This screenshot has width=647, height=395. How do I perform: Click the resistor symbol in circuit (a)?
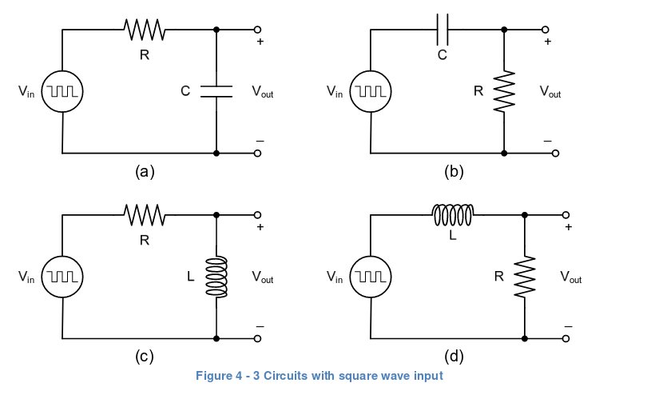tap(145, 30)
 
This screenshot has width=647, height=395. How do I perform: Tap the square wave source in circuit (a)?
tap(62, 91)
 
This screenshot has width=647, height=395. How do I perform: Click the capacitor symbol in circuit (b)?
tap(443, 30)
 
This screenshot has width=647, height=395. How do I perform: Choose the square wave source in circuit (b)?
tap(370, 91)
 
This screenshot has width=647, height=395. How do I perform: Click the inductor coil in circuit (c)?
tap(216, 277)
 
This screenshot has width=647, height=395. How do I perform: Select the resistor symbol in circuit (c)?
tap(145, 215)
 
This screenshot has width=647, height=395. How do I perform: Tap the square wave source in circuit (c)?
tap(62, 277)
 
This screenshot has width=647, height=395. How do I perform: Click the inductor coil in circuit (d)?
tap(453, 215)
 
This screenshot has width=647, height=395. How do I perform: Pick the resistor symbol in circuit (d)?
tap(525, 277)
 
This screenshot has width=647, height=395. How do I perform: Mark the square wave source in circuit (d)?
tap(370, 277)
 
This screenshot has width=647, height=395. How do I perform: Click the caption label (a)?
tap(145, 170)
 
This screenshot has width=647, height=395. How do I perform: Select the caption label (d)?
tap(453, 357)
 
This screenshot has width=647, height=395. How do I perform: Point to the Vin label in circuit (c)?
tap(26, 277)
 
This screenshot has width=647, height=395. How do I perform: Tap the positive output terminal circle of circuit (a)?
tap(258, 30)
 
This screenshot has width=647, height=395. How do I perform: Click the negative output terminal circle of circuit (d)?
tap(566, 339)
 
